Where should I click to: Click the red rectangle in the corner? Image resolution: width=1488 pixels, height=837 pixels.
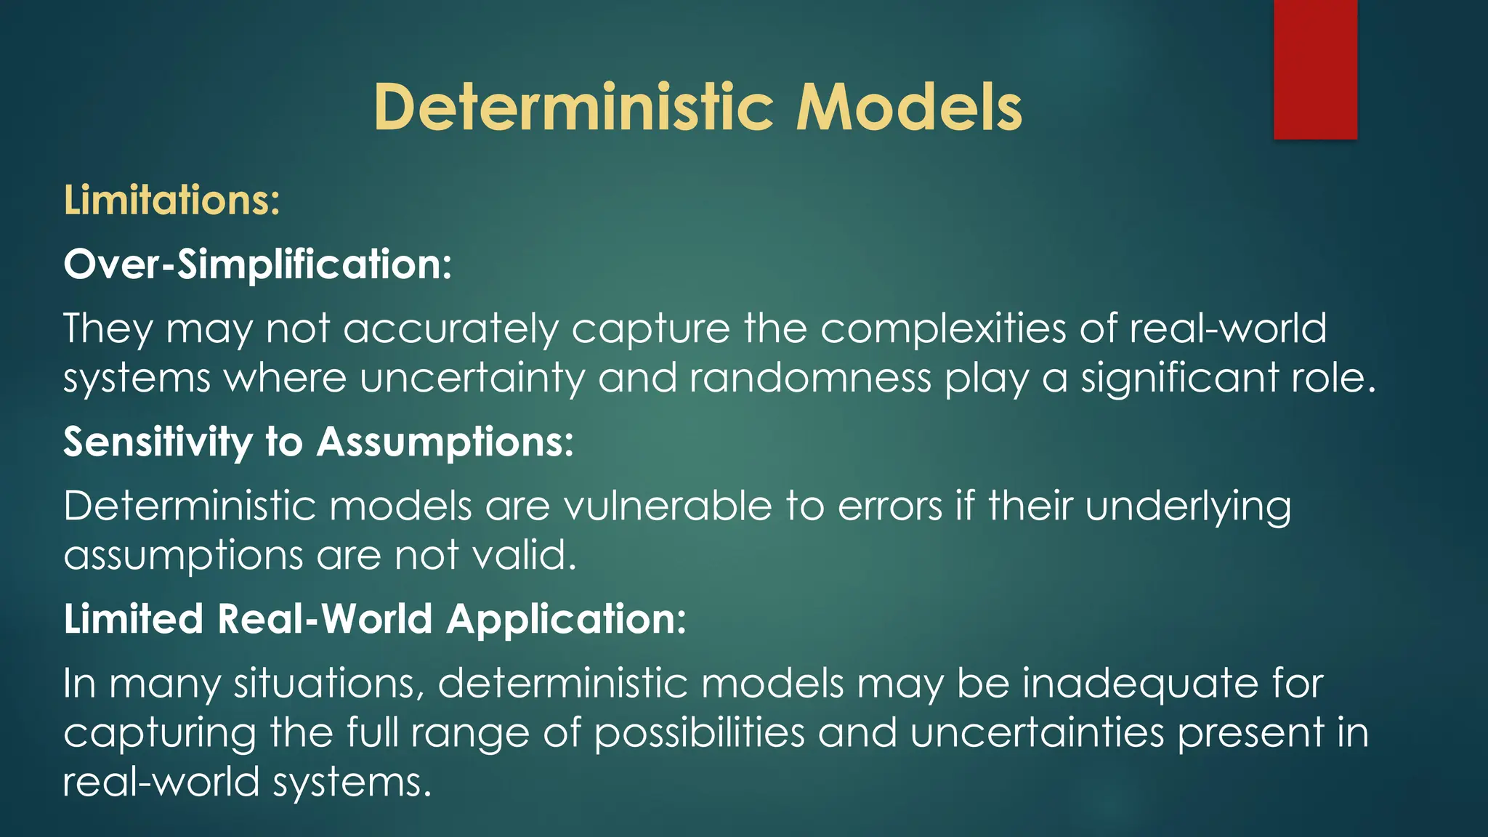1315,70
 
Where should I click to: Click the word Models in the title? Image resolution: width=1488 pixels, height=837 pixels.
909,108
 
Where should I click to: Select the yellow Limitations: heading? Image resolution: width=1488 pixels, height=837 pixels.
171,200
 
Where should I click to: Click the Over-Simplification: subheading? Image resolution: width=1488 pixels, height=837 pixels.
257,264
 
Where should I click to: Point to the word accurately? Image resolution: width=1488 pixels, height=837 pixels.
450,328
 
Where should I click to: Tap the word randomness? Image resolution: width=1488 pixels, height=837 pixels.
810,379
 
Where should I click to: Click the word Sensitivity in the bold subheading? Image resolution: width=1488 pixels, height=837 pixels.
157,442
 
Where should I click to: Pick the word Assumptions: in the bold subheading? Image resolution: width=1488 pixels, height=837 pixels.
445,442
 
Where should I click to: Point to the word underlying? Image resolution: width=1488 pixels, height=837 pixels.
1188,506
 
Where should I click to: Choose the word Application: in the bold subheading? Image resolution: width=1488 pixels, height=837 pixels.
566,619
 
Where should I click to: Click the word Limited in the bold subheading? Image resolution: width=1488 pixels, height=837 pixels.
133,619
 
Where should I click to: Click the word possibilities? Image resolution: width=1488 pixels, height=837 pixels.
699,732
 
